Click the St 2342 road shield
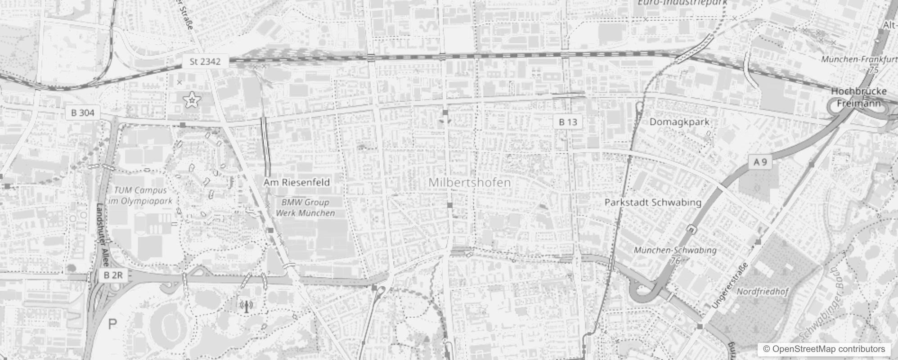coord(205,62)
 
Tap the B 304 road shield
coord(83,112)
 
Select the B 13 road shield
coord(568,122)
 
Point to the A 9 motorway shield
coord(760,162)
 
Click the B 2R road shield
coord(112,275)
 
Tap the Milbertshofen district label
coord(470,183)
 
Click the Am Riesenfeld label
coord(296,182)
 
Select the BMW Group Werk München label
coord(305,207)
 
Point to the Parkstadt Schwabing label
coord(653,202)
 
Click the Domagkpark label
coord(679,121)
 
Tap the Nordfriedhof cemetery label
coord(763,292)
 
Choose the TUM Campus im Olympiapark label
coord(140,196)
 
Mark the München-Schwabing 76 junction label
coord(675,255)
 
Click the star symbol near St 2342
coord(192,100)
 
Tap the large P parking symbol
coord(112,324)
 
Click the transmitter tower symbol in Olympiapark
coord(246,306)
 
